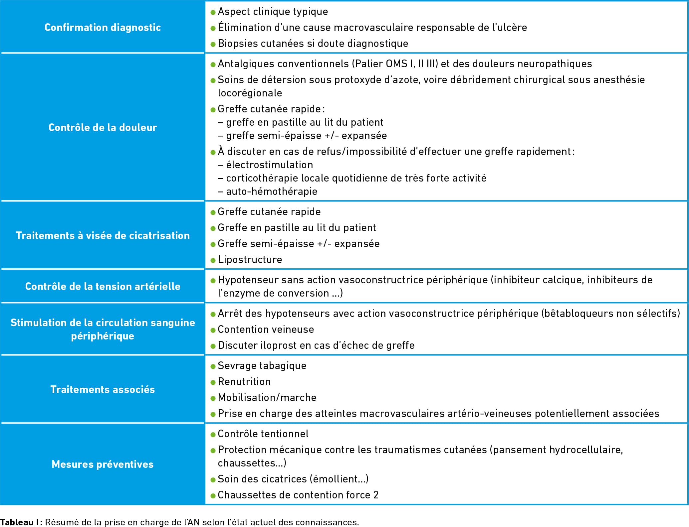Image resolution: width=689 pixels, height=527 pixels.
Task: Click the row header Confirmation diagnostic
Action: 103,27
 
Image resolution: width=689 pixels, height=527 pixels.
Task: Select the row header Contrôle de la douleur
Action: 103,127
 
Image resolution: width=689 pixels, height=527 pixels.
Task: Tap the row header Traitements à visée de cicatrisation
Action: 103,235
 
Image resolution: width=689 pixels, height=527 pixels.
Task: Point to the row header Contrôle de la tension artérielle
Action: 103,286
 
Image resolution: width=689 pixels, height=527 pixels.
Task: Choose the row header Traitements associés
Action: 103,389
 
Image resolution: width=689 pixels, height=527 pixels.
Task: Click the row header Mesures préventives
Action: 103,464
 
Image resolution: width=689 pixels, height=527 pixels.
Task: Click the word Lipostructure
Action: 250,259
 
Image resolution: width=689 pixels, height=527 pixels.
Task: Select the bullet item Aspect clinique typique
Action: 273,12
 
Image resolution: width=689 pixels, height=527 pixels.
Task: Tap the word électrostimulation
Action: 269,165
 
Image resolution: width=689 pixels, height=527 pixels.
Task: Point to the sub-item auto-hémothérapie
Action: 272,192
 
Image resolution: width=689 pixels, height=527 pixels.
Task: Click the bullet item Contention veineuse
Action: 266,329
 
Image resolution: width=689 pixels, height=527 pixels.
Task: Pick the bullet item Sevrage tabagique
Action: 262,366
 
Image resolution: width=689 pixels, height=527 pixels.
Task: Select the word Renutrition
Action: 244,382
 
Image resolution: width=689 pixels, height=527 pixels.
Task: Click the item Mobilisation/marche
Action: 267,398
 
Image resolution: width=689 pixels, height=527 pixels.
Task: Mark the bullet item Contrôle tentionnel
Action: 263,434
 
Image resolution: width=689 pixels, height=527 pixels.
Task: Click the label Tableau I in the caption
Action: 21,522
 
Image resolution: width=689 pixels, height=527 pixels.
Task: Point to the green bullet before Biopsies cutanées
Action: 213,44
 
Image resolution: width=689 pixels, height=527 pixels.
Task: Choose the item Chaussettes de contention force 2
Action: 298,495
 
